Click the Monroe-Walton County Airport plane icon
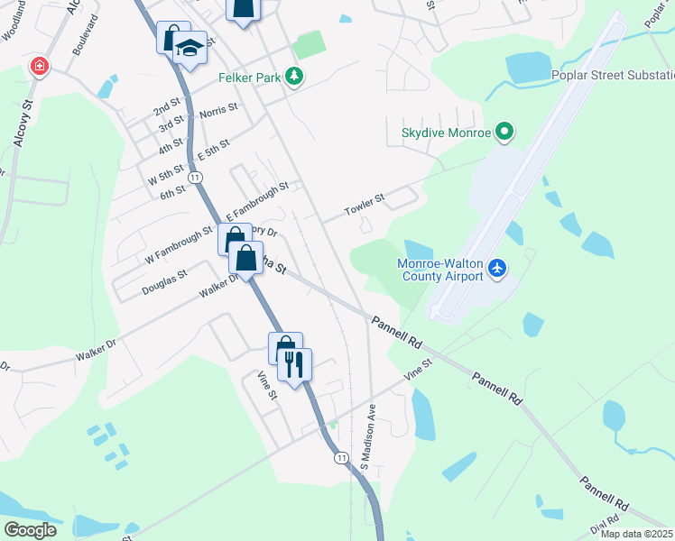click(496, 268)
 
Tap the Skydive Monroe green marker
click(504, 133)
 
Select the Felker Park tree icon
click(293, 78)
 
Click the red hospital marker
click(39, 66)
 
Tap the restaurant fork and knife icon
click(294, 363)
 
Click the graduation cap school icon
click(190, 49)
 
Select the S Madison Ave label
click(367, 437)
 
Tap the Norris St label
click(218, 111)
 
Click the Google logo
click(30, 529)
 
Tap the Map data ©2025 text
click(637, 534)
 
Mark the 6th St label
click(173, 192)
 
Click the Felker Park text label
click(250, 78)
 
